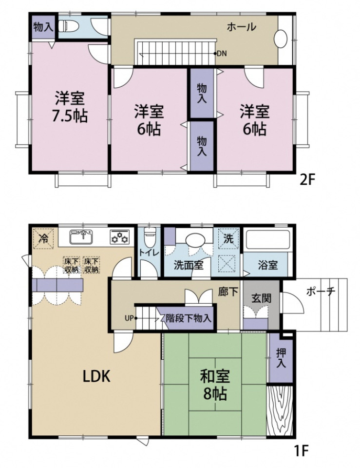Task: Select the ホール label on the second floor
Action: click(x=241, y=27)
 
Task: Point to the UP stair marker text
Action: click(x=129, y=318)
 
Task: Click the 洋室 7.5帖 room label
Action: click(x=70, y=107)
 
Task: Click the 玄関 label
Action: click(x=261, y=298)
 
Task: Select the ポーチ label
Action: click(x=321, y=292)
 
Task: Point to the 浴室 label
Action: click(x=268, y=265)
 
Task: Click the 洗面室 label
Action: click(x=189, y=265)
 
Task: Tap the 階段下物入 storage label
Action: click(x=189, y=318)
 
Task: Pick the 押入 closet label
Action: click(x=281, y=358)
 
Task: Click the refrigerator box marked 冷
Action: click(x=43, y=238)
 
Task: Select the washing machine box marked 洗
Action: click(x=228, y=238)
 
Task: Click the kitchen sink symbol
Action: click(x=81, y=237)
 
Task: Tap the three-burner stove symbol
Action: click(x=120, y=237)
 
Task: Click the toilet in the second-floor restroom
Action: click(x=68, y=26)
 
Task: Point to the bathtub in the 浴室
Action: click(x=267, y=239)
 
